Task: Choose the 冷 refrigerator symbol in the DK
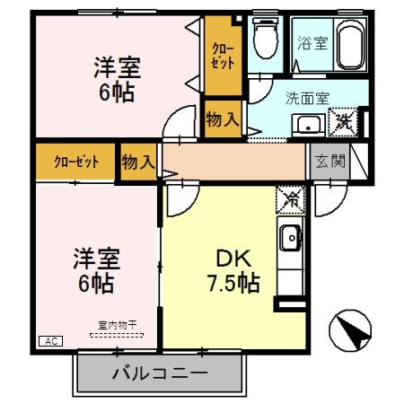pos(290,198)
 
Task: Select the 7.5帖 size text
pos(232,283)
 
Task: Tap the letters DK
pos(228,257)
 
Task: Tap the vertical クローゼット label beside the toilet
pos(223,56)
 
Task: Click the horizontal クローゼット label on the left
pos(76,162)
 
